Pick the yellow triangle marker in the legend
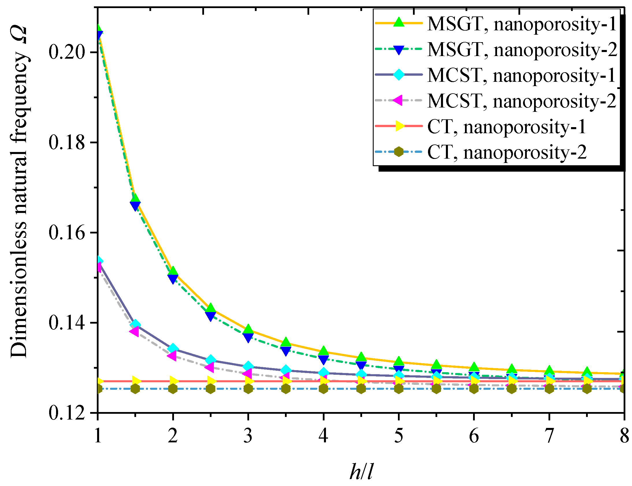[x=399, y=126]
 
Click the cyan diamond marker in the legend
[x=399, y=75]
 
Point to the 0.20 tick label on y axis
[x=67, y=52]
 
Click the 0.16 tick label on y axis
[x=67, y=233]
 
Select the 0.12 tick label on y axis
[x=67, y=413]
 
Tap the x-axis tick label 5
[x=399, y=436]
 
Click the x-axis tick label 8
[x=624, y=436]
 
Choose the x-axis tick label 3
[x=248, y=436]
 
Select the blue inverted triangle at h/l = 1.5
[x=135, y=206]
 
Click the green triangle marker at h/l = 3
[x=248, y=329]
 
